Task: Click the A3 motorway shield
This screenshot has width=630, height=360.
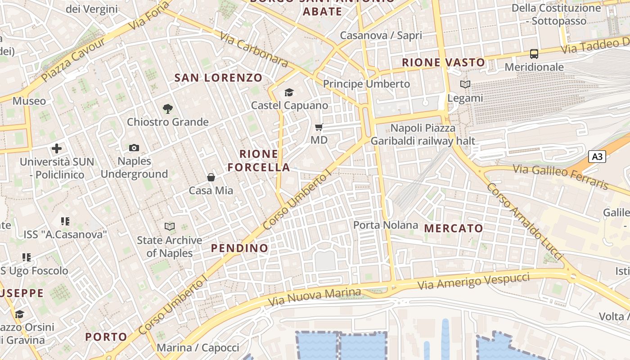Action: [597, 157]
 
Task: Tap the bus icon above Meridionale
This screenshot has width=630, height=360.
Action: [534, 54]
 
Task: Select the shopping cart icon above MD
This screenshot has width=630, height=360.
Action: [319, 127]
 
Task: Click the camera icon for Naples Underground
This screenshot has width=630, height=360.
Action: [134, 148]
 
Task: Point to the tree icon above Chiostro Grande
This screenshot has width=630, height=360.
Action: [168, 108]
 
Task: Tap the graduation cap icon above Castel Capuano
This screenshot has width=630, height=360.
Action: [289, 93]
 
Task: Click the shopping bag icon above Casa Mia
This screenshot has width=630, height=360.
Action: [211, 177]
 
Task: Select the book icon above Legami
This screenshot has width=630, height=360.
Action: [465, 84]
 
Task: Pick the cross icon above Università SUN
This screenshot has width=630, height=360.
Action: [57, 148]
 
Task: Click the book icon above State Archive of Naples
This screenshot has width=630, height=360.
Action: [170, 226]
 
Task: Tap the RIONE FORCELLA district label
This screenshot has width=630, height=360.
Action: [259, 161]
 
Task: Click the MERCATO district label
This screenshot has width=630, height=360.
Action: [454, 228]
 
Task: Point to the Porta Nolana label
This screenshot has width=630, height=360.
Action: [386, 225]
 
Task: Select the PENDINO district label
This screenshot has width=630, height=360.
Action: [239, 248]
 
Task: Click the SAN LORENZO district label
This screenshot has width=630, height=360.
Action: [218, 77]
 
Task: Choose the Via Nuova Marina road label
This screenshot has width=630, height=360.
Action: [315, 297]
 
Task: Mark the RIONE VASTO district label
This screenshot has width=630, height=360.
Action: [443, 62]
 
